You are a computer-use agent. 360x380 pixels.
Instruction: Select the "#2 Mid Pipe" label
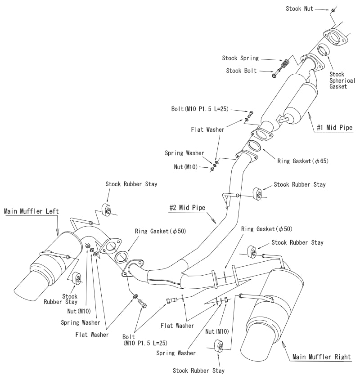(187, 208)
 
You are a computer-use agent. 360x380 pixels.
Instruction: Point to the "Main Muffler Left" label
(31, 210)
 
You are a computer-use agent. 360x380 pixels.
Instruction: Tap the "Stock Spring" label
(240, 58)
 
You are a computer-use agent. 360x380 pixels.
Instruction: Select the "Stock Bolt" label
(242, 70)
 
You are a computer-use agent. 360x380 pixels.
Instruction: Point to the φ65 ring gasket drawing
(254, 146)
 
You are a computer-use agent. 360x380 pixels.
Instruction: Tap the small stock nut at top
(332, 10)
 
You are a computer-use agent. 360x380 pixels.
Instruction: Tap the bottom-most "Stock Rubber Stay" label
(198, 371)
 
